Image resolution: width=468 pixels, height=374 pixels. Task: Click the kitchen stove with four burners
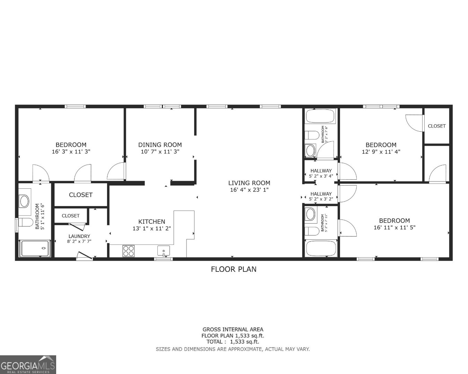(x=128, y=250)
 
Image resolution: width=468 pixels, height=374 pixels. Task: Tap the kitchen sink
(x=164, y=250)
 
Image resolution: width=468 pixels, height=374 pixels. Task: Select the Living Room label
(x=249, y=183)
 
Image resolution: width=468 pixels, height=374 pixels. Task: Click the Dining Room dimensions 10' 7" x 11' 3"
(x=160, y=152)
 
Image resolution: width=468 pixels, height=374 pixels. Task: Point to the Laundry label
(x=79, y=236)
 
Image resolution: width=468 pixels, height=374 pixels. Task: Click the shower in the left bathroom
(x=35, y=248)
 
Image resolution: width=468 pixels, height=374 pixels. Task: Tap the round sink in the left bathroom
(x=24, y=201)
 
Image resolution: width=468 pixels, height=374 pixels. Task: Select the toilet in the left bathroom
(x=25, y=222)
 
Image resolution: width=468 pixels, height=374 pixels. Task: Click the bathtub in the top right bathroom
(x=320, y=116)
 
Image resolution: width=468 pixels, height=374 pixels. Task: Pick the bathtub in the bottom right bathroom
(x=320, y=248)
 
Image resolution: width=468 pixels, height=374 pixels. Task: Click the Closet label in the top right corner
(x=436, y=126)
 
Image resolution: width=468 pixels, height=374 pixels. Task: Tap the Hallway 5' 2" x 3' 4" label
(x=321, y=173)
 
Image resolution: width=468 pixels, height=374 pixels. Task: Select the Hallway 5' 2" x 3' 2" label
(x=321, y=196)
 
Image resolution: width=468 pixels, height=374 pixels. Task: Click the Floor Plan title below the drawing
(x=234, y=269)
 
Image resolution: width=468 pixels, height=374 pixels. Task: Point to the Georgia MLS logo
(x=28, y=365)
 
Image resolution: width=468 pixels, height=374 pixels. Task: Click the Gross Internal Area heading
(x=233, y=330)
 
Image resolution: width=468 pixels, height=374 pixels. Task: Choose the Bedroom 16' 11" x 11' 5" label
(x=394, y=224)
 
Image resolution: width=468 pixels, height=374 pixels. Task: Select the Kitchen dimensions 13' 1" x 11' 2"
(x=152, y=229)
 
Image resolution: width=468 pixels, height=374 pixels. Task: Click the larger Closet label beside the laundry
(x=80, y=195)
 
